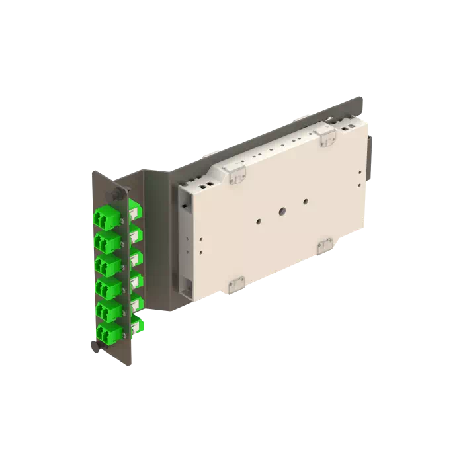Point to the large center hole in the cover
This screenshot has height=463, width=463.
[x=281, y=212]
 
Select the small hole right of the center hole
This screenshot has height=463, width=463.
[x=305, y=202]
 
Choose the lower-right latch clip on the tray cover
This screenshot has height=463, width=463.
[x=325, y=246]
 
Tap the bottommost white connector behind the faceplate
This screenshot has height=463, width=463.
[x=137, y=325]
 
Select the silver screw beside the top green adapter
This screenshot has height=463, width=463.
[x=122, y=221]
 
